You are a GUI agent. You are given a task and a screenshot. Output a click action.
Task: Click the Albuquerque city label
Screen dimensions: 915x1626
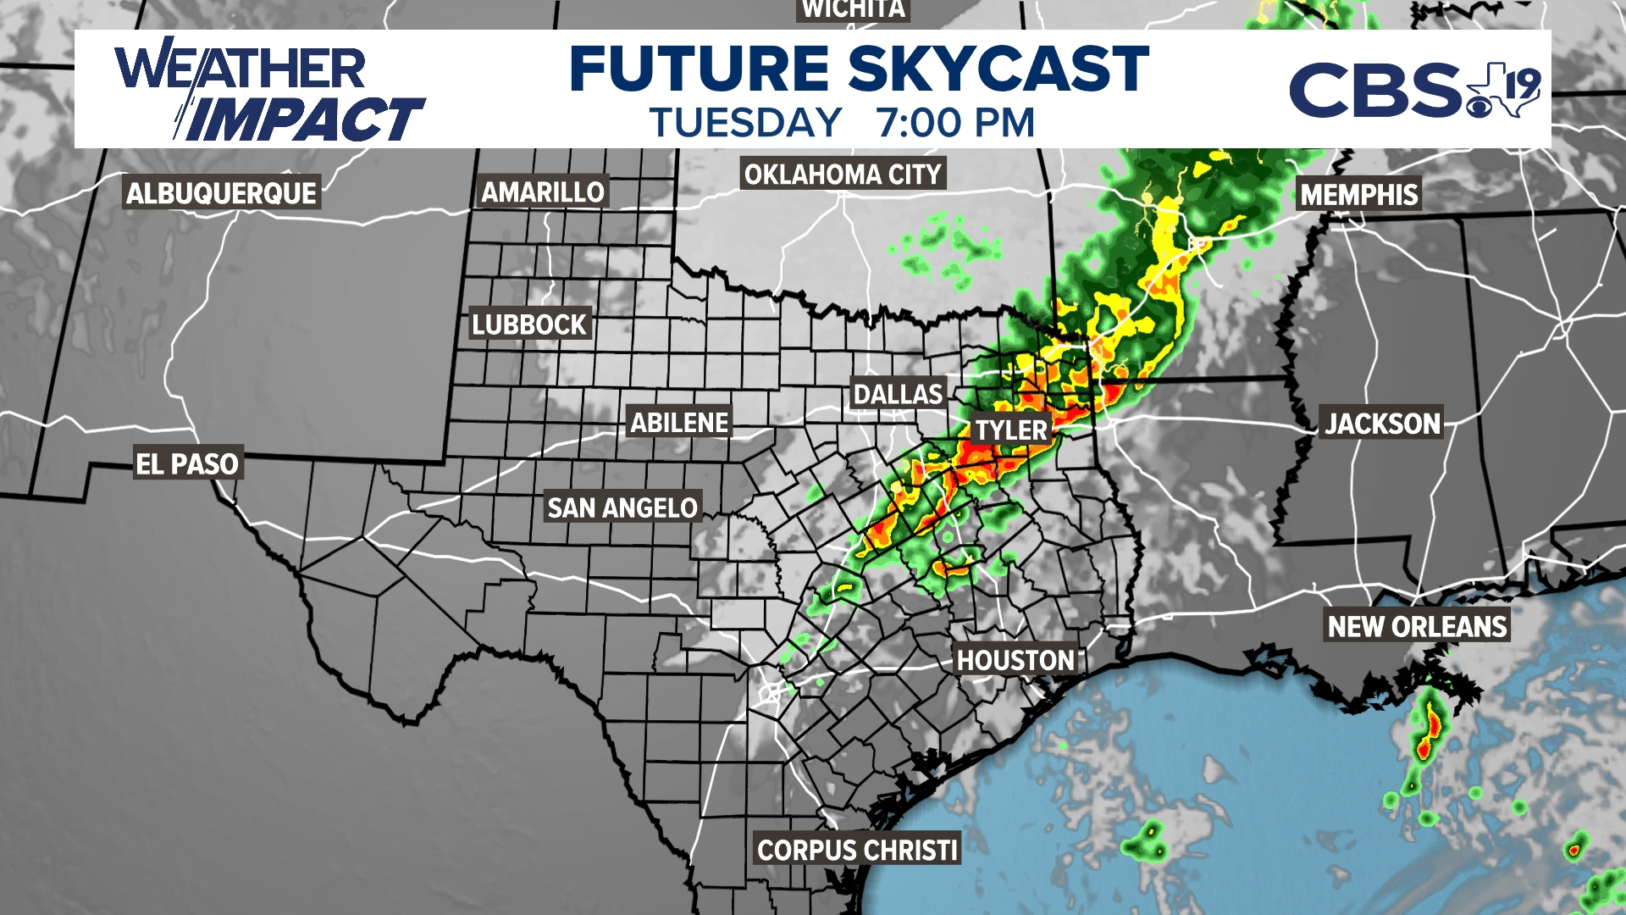pyautogui.click(x=221, y=193)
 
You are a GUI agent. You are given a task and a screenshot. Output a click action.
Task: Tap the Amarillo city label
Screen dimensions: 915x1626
pyautogui.click(x=543, y=192)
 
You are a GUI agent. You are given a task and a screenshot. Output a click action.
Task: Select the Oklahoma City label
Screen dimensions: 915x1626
pyautogui.click(x=843, y=175)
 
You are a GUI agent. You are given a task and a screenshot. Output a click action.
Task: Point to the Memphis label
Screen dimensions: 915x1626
pyautogui.click(x=1358, y=195)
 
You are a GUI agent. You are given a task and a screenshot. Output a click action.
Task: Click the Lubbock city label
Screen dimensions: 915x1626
pyautogui.click(x=529, y=324)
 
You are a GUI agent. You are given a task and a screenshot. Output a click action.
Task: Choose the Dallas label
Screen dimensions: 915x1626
pyautogui.click(x=898, y=394)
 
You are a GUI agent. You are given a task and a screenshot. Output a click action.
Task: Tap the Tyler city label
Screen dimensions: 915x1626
pyautogui.click(x=1011, y=430)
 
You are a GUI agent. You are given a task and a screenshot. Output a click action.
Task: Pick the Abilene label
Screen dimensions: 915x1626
pyautogui.click(x=679, y=422)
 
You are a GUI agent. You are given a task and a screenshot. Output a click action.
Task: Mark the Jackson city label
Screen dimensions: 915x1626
pyautogui.click(x=1382, y=423)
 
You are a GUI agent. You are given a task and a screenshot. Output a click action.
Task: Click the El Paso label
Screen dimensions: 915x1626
pyautogui.click(x=188, y=463)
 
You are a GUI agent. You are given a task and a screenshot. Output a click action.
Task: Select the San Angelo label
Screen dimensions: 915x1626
pyautogui.click(x=622, y=507)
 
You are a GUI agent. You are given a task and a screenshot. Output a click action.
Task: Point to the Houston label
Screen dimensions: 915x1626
pyautogui.click(x=1015, y=660)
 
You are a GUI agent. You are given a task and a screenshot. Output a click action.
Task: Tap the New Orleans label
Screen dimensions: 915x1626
pyautogui.click(x=1417, y=626)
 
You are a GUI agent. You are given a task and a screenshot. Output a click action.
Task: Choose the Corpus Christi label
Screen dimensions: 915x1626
pyautogui.click(x=857, y=849)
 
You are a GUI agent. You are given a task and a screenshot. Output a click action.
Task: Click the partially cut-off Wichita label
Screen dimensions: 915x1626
pyautogui.click(x=853, y=9)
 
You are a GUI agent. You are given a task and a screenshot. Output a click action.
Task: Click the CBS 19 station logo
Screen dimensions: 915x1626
pyautogui.click(x=1413, y=90)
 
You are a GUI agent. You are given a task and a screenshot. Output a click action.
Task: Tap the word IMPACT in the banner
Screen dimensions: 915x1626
pyautogui.click(x=305, y=119)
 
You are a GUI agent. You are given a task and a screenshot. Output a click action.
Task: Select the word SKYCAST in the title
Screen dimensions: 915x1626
pyautogui.click(x=998, y=69)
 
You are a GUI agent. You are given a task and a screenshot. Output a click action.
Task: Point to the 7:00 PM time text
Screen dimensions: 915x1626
pyautogui.click(x=955, y=123)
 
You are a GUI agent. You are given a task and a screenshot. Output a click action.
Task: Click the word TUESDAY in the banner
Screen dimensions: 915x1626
pyautogui.click(x=745, y=123)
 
